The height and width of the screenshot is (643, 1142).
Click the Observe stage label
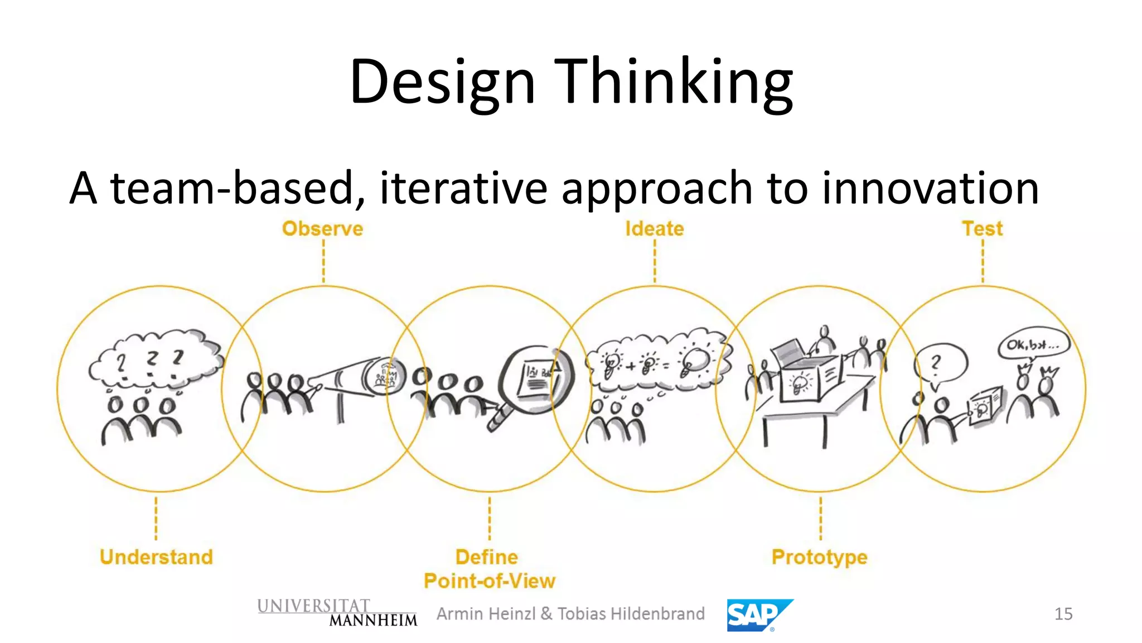pyautogui.click(x=322, y=229)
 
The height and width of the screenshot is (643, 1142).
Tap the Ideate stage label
pyautogui.click(x=654, y=229)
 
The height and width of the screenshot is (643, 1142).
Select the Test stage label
pyautogui.click(x=982, y=229)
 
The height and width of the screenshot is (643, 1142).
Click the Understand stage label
pyautogui.click(x=156, y=557)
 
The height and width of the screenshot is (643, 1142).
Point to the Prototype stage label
pyautogui.click(x=819, y=557)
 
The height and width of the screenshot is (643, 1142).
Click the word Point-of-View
pyautogui.click(x=490, y=581)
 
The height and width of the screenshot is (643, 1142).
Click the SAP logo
pyautogui.click(x=758, y=615)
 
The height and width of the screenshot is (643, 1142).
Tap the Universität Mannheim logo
pyautogui.click(x=337, y=613)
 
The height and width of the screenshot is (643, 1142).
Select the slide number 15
pyautogui.click(x=1063, y=614)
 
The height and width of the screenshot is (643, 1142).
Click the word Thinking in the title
pyautogui.click(x=673, y=82)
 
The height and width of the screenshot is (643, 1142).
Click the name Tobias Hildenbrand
pyautogui.click(x=631, y=614)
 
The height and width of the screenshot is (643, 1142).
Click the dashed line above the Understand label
pyautogui.click(x=156, y=519)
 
